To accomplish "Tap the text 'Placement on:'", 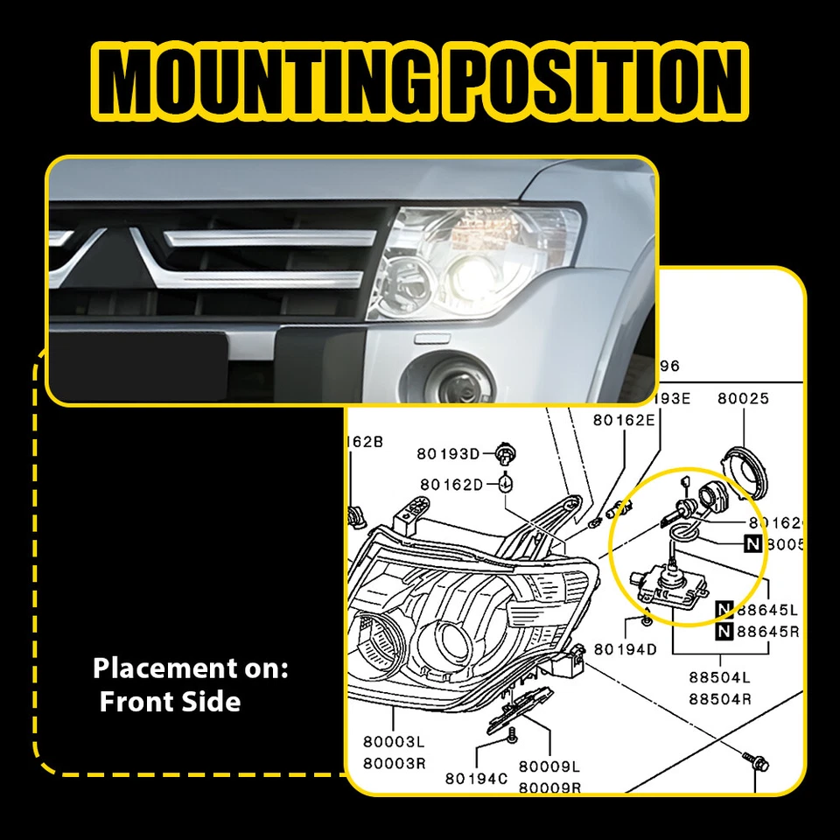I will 190,669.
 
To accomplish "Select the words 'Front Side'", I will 170,702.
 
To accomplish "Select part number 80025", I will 743,398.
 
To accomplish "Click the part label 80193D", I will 449,453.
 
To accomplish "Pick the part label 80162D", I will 451,484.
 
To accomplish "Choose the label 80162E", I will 623,419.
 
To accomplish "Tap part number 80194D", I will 625,648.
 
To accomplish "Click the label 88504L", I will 719,678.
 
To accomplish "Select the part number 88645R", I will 766,632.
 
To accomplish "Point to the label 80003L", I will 394,742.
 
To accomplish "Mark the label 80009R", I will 549,787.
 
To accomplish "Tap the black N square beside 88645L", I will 724,609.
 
